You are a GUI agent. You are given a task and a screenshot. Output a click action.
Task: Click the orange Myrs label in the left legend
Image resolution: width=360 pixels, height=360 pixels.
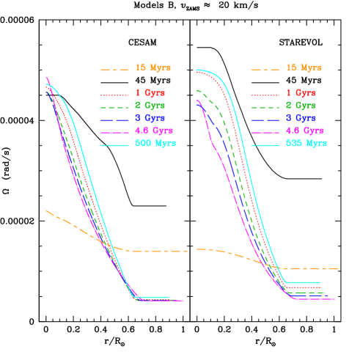click(153, 68)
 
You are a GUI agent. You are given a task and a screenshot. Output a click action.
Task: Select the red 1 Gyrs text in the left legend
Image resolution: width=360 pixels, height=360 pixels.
click(150, 93)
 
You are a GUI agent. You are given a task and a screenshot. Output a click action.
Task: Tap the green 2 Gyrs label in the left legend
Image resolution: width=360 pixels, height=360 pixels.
click(150, 106)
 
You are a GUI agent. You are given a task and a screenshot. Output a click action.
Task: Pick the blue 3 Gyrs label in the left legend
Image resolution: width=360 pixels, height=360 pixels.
click(150, 118)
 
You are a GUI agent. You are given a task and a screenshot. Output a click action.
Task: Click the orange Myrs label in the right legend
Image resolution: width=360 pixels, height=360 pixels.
click(303, 68)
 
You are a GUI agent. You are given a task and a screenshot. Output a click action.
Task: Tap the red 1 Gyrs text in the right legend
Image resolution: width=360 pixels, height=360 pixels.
click(300, 93)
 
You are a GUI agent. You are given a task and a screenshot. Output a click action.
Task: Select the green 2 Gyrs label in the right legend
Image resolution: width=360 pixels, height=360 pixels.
click(300, 106)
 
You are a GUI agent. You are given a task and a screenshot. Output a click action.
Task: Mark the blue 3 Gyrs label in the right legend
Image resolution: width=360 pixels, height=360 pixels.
click(300, 118)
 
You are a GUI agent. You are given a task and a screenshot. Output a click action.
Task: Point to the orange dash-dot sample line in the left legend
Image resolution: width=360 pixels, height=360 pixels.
click(114, 70)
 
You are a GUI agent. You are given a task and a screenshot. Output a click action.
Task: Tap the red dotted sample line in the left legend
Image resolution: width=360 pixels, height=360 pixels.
click(114, 95)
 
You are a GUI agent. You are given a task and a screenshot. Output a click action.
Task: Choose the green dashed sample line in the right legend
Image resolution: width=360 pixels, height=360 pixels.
click(265, 108)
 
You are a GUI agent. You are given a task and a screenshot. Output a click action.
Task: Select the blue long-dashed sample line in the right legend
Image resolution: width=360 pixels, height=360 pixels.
click(265, 120)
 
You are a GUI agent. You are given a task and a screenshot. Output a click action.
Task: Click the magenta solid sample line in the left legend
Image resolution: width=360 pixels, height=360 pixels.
click(114, 133)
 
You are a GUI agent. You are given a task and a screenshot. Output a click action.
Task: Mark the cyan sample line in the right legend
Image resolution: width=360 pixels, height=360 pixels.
click(265, 145)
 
